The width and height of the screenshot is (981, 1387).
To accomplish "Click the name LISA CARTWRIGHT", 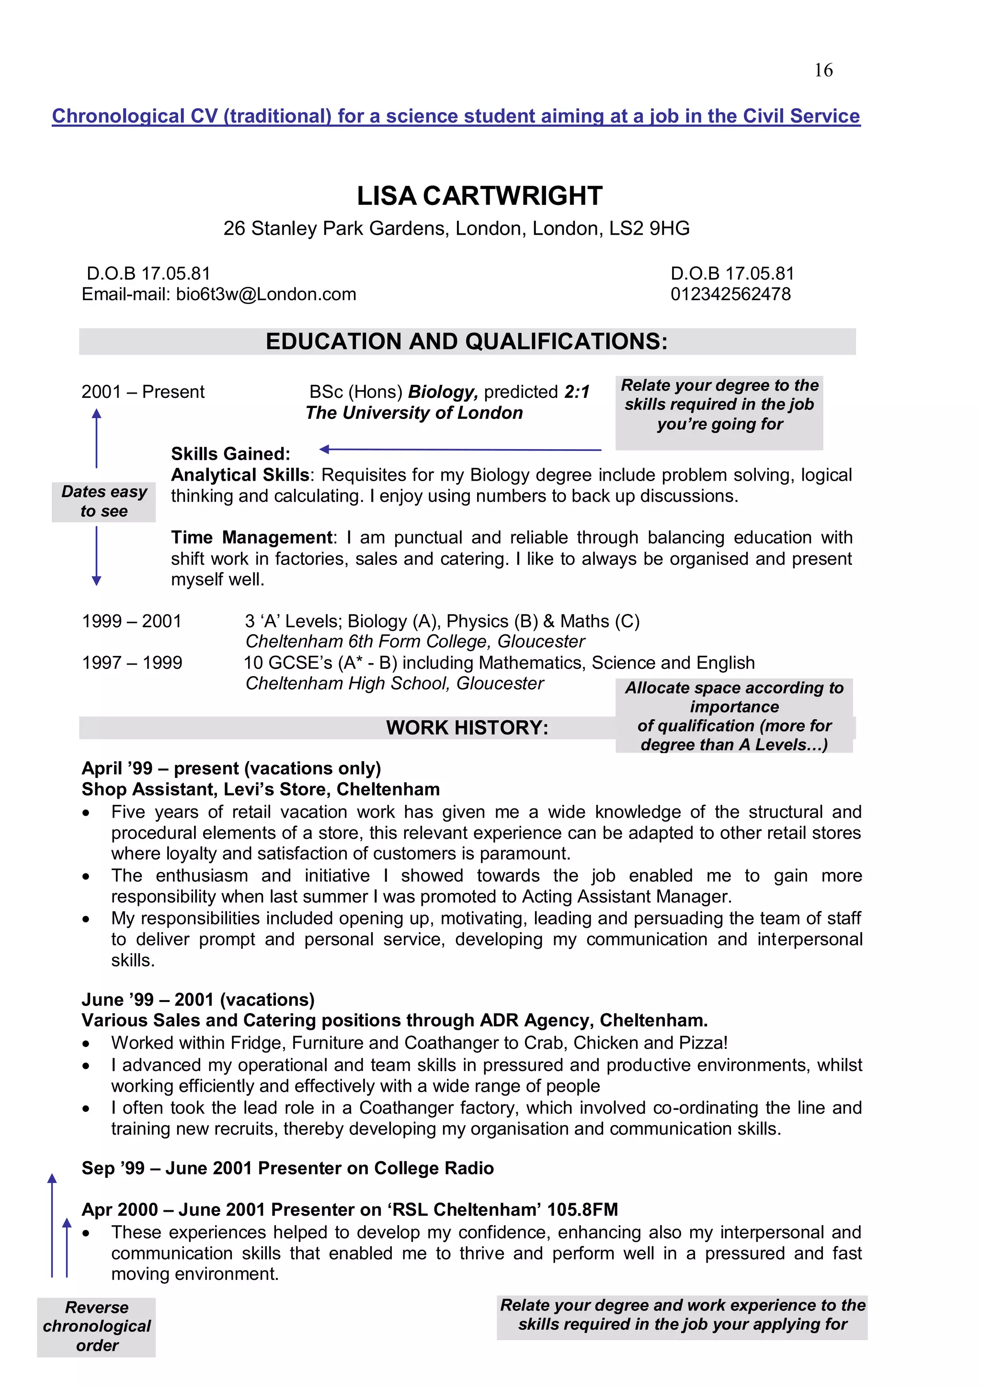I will coord(479,196).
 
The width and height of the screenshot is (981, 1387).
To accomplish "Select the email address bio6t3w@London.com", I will coord(266,294).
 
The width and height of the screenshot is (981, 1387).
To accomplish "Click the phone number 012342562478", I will coord(730,294).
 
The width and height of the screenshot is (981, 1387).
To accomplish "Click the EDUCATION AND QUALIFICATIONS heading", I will coord(467,341).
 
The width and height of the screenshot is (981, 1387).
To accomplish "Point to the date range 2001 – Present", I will coord(143,392).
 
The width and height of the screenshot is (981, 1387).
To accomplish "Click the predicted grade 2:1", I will coord(577,392).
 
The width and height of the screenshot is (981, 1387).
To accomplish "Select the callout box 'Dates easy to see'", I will coord(104,501).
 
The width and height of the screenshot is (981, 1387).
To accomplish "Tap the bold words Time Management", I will coord(251,537).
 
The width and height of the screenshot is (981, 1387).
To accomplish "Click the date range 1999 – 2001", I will coord(132,621).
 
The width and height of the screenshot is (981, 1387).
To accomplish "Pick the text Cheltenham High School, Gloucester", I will coord(394,683).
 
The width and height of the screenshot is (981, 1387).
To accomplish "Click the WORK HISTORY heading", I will coord(467,727).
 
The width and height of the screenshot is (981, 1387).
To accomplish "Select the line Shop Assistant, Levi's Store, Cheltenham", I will coord(261,789).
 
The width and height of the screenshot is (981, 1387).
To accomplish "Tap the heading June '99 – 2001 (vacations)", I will coord(198,999).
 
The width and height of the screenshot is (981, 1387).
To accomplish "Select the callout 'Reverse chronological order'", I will coord(97,1326).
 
